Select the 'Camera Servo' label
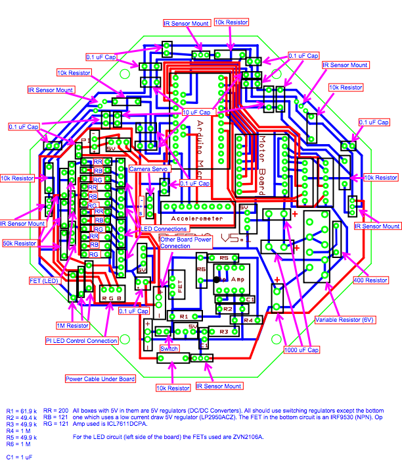click(149, 169)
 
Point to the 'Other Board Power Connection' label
click(186, 243)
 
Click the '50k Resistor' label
click(18, 244)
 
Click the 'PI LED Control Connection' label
click(82, 341)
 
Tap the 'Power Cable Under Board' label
click(100, 378)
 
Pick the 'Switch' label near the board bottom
click(169, 348)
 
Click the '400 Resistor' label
click(371, 280)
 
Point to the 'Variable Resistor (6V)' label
click(345, 320)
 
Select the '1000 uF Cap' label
click(301, 349)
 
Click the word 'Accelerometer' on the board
click(197, 217)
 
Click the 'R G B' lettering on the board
click(112, 297)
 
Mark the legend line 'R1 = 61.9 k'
click(24, 410)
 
